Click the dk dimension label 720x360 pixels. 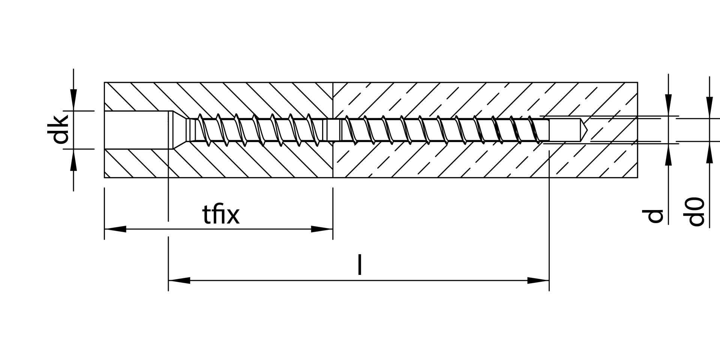[x=60, y=130]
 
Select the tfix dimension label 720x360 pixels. [x=220, y=215]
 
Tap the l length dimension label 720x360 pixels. [x=360, y=265]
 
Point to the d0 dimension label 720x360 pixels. [x=697, y=212]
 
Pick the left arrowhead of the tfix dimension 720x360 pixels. [x=115, y=229]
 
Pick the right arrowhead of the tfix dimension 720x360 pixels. [x=322, y=229]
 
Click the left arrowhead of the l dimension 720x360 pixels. [x=179, y=280]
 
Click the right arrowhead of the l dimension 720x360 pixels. [x=538, y=280]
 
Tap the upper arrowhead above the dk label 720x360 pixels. [x=73, y=100]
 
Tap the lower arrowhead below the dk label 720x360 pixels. [x=73, y=160]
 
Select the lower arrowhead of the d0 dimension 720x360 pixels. [x=709, y=152]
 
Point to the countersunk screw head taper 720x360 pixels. [x=179, y=130]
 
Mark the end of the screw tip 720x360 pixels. [x=549, y=130]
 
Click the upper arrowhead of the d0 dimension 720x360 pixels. [x=709, y=108]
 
